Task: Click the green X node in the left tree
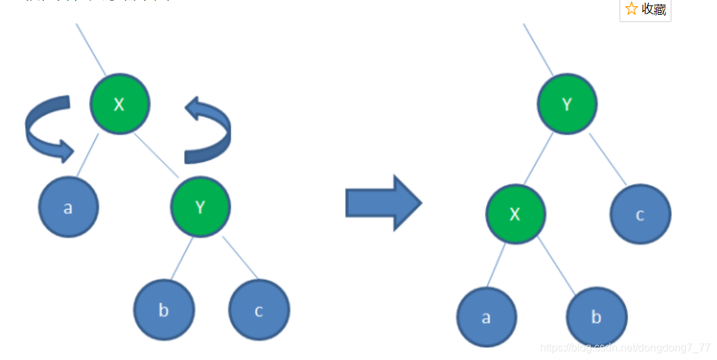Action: coord(120,104)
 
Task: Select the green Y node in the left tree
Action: coord(201,207)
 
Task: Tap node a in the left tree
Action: coord(68,207)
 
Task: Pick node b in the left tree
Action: coord(164,310)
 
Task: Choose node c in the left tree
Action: coord(259,311)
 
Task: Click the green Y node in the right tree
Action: coord(567,104)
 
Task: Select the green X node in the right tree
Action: coord(515,214)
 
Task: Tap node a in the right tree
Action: coord(486,317)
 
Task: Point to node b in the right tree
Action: coord(597,317)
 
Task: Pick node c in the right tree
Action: coord(640,215)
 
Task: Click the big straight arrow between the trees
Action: coord(383,203)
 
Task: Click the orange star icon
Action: coord(631,9)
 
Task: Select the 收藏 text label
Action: coord(654,9)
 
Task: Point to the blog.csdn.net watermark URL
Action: coord(625,347)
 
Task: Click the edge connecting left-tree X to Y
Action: coord(157,155)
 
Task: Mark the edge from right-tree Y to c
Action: coord(608,159)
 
